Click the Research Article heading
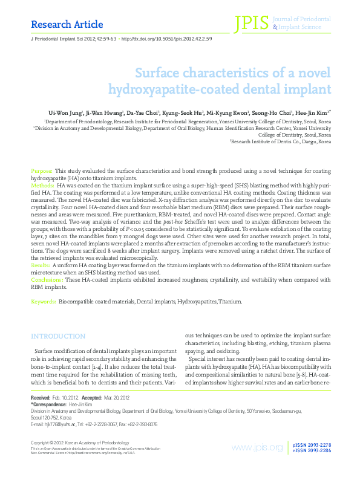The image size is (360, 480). point(59,25)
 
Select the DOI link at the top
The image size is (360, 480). point(167,38)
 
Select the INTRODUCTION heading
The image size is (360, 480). point(58,336)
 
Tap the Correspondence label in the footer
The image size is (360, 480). point(50,403)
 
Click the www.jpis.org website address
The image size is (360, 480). point(257,447)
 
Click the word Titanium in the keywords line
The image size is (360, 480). point(229,300)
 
